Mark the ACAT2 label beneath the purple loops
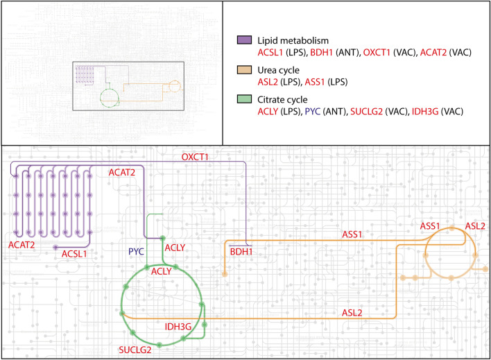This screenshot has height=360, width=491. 23,244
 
